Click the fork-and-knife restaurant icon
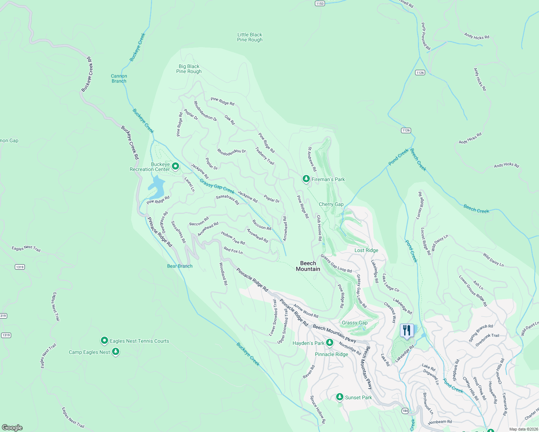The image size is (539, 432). (406, 330)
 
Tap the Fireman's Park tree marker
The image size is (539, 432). (306, 179)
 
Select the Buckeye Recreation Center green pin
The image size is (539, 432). (175, 166)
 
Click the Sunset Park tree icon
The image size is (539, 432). (339, 397)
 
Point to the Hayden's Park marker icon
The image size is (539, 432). (330, 343)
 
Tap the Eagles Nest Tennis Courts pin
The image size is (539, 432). (104, 341)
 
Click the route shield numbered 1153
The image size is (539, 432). (320, 3)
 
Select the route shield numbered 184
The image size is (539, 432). (405, 411)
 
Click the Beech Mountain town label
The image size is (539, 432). (308, 266)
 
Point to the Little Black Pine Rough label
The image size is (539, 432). (250, 37)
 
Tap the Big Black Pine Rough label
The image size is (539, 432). (189, 69)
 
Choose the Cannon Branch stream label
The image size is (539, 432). (119, 78)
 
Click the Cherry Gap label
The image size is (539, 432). (331, 204)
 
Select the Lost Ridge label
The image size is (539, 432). (366, 250)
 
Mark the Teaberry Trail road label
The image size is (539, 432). (265, 156)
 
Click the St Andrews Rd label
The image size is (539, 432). (312, 159)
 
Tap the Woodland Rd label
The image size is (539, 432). (223, 274)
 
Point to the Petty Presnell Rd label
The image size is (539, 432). (426, 36)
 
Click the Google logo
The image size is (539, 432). (12, 427)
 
